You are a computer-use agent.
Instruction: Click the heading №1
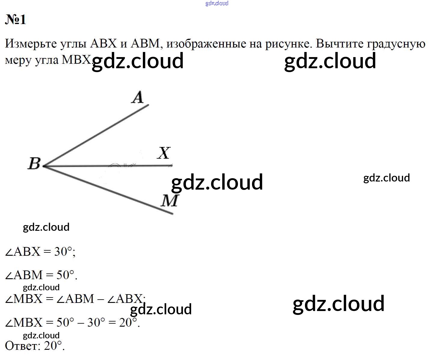tap(16, 20)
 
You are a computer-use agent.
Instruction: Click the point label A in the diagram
tap(137, 97)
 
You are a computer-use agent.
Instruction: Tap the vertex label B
tap(34, 163)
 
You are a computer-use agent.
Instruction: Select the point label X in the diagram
tap(164, 153)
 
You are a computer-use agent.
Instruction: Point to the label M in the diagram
tap(169, 200)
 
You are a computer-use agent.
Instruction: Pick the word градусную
tap(396, 44)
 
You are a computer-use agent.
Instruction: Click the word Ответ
tap(22, 346)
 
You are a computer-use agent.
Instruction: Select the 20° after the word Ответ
tap(53, 346)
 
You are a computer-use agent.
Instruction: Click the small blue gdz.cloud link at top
tap(217, 3)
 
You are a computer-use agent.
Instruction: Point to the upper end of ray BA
tap(149, 105)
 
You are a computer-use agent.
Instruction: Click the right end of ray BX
tap(172, 165)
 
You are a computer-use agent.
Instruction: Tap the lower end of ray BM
tap(173, 214)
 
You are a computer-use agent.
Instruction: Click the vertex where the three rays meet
tap(44, 166)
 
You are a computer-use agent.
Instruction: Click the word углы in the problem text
tap(73, 44)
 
